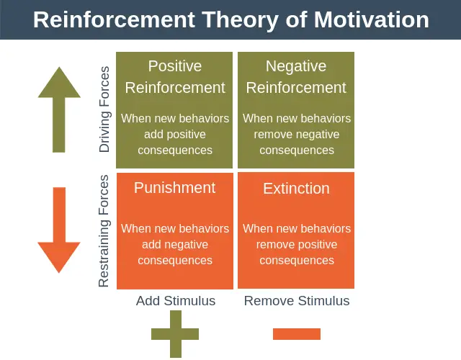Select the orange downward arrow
click(59, 230)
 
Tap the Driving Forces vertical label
click(105, 109)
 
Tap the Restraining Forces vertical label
click(105, 230)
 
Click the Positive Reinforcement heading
click(175, 77)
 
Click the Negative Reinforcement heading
click(296, 77)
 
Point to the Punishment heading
click(174, 188)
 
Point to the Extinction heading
click(296, 189)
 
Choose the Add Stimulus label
click(176, 301)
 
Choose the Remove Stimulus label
click(297, 301)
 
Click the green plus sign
click(175, 334)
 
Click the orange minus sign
click(297, 334)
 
